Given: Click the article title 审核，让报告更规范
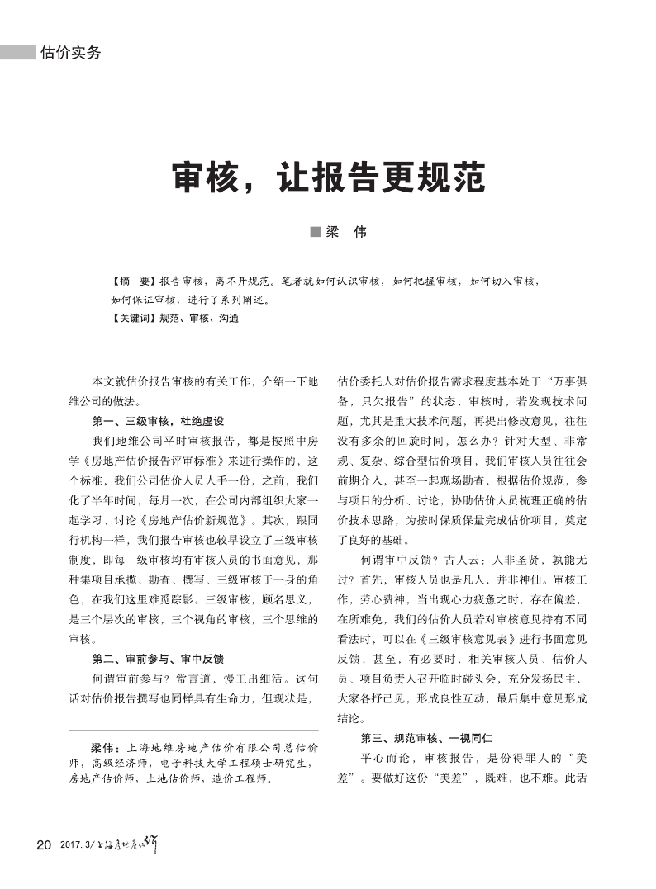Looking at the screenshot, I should pos(327,177).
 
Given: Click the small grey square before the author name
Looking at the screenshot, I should pos(315,233).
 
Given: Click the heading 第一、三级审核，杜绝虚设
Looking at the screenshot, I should pos(158,420).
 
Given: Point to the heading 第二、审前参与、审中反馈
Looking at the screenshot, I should pos(158,659).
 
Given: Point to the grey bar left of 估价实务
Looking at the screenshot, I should pos(18,53).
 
